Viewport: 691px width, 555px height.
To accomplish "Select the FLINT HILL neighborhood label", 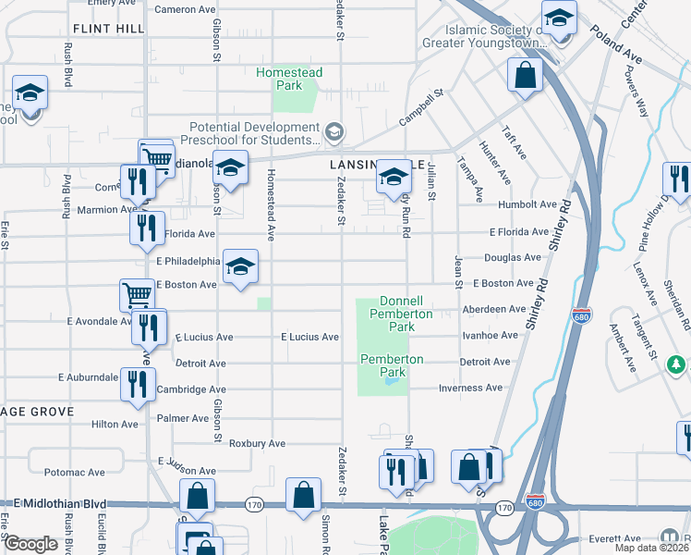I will [x=107, y=30].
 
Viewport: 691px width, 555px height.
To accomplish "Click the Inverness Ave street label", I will [x=470, y=388].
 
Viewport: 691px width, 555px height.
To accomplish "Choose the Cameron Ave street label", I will [x=184, y=9].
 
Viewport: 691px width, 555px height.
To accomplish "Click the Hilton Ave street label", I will [x=115, y=424].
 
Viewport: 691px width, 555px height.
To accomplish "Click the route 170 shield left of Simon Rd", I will [x=256, y=505].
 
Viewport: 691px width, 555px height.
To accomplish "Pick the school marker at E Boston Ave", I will [x=241, y=267].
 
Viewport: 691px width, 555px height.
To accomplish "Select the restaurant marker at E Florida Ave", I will [x=146, y=228].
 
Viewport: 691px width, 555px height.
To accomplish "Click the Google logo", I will [x=30, y=544].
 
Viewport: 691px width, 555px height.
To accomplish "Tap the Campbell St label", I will [x=422, y=108].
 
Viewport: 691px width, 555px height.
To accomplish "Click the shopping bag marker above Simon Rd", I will [x=304, y=495].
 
